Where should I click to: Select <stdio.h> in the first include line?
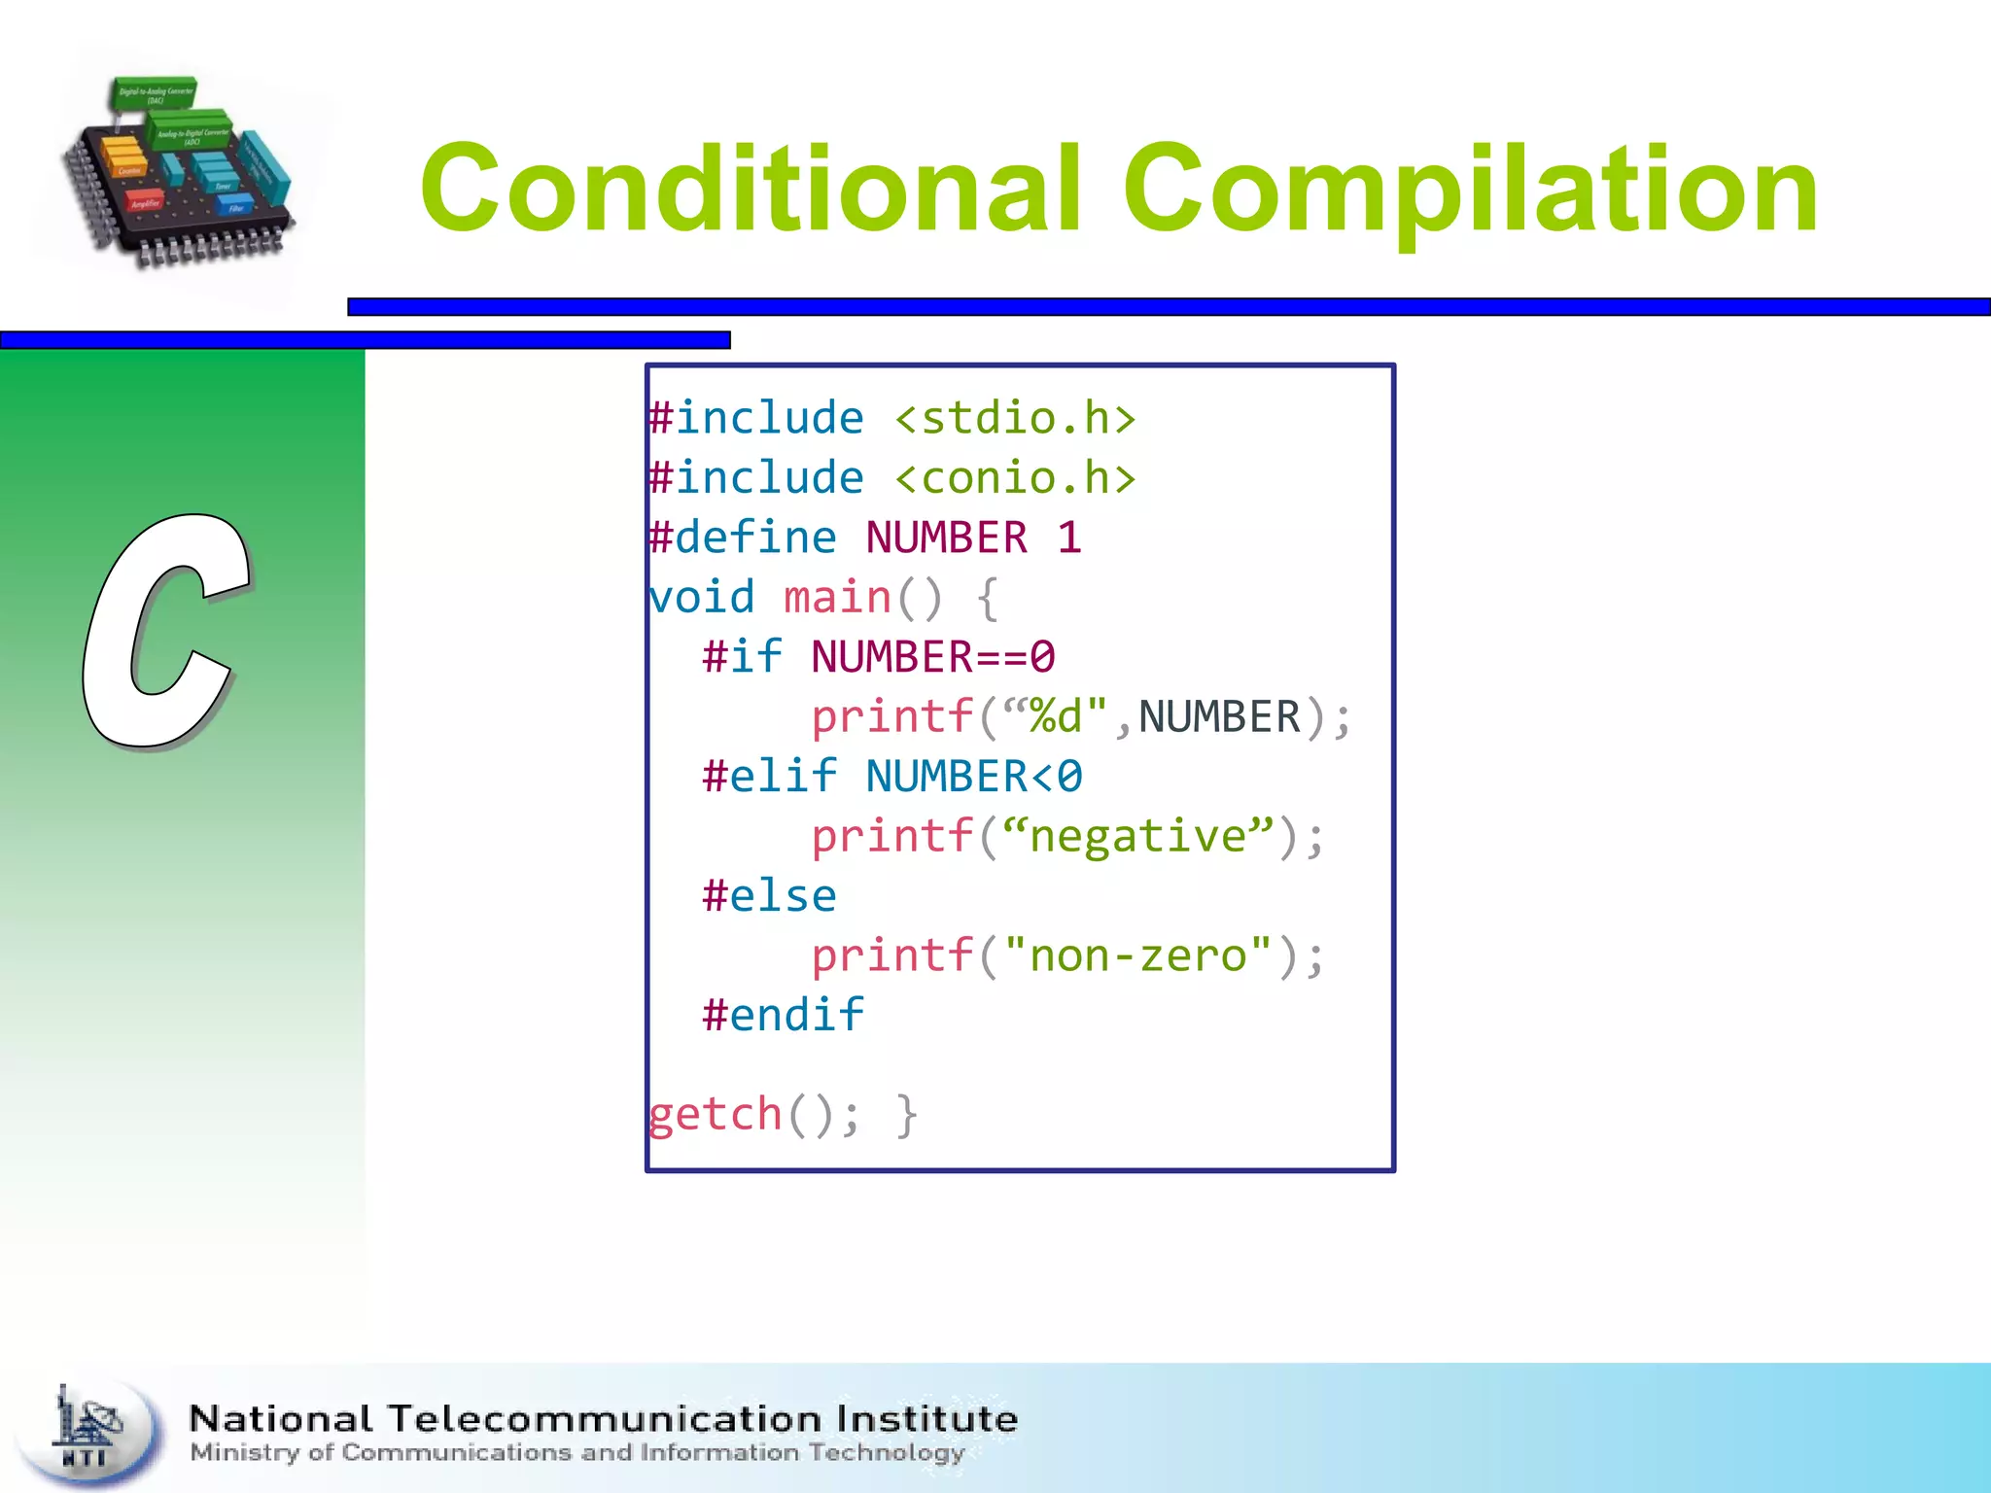[x=1015, y=419]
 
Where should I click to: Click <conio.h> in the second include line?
[x=1015, y=478]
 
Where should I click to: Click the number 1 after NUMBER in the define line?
[x=1069, y=538]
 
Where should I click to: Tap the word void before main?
[x=702, y=597]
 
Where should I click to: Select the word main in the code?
[x=837, y=597]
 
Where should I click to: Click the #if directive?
[x=743, y=657]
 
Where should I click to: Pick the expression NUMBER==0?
[x=933, y=657]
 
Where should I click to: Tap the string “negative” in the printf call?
[x=1137, y=836]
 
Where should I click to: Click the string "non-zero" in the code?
[x=1137, y=955]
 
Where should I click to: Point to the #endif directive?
[x=784, y=1016]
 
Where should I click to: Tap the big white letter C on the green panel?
[x=165, y=632]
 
